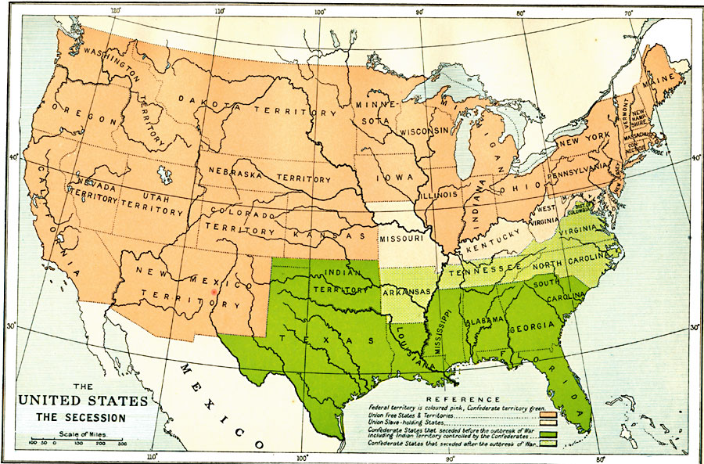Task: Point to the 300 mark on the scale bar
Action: tap(122, 444)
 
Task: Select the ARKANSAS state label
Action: tap(407, 292)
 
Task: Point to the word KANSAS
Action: tap(328, 236)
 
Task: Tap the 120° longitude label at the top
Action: tap(116, 10)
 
